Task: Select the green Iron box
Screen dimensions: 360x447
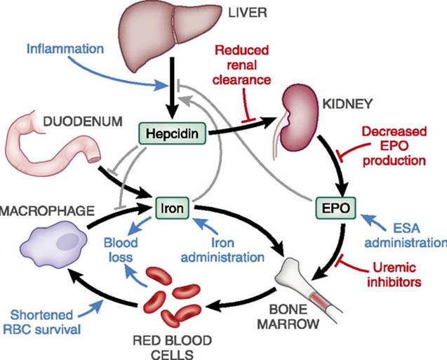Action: pos(173,208)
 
